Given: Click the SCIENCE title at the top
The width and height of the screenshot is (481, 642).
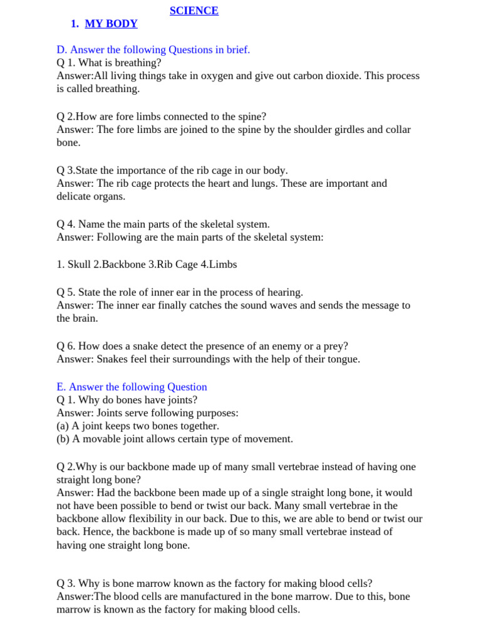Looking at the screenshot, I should pyautogui.click(x=194, y=11).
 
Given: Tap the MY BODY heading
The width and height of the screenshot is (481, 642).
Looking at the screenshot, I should pyautogui.click(x=111, y=24).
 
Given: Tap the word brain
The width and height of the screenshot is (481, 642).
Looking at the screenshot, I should pyautogui.click(x=85, y=318).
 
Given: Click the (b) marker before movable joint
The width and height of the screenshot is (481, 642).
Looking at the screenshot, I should pyautogui.click(x=63, y=439).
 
